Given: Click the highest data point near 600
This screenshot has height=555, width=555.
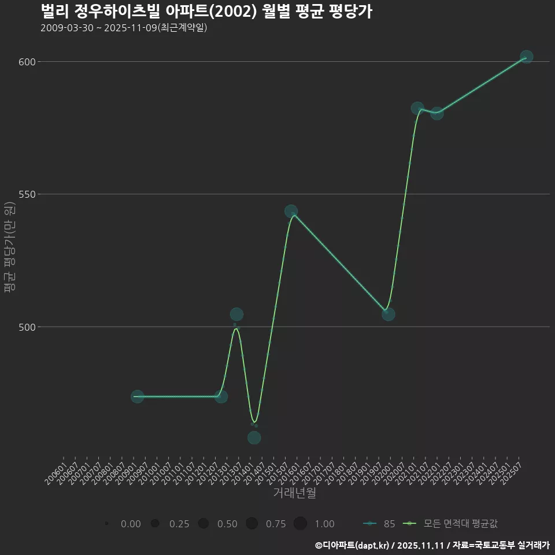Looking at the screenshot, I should pyautogui.click(x=526, y=57).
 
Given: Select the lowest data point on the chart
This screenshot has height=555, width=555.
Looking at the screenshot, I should pyautogui.click(x=254, y=438).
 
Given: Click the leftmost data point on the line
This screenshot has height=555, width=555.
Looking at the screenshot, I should pyautogui.click(x=137, y=397).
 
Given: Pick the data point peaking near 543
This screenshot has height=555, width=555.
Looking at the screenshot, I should pyautogui.click(x=291, y=212).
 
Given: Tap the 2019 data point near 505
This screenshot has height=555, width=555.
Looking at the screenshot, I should pyautogui.click(x=388, y=314).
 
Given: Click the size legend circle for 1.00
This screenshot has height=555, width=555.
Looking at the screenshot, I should pyautogui.click(x=300, y=524).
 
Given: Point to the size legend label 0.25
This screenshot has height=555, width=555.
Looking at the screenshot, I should pyautogui.click(x=179, y=524).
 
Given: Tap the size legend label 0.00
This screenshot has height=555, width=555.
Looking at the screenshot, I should pyautogui.click(x=131, y=524).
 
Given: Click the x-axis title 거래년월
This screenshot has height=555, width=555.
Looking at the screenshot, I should pyautogui.click(x=295, y=493).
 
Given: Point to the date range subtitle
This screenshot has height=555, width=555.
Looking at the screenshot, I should pyautogui.click(x=124, y=28).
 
